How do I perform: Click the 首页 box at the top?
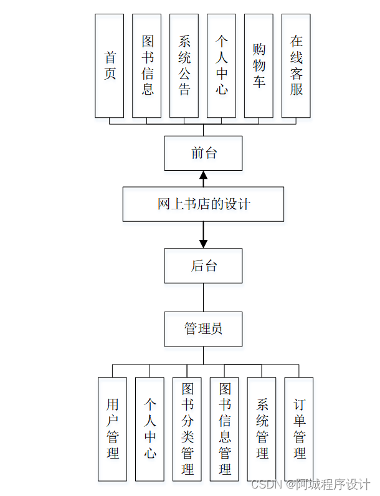[109, 65]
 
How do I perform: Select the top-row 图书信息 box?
[146, 65]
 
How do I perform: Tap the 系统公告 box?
[184, 65]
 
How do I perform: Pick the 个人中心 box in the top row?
[221, 65]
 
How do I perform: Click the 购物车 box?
[259, 65]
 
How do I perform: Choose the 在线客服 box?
[296, 65]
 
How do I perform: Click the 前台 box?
[203, 153]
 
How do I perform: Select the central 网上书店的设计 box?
[203, 204]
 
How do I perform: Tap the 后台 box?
[203, 266]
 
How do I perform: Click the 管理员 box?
[203, 328]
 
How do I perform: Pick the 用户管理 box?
[112, 429]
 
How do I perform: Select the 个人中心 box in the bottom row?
[150, 429]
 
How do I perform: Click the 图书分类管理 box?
[187, 429]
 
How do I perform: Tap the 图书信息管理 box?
[224, 429]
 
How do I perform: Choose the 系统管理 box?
[262, 429]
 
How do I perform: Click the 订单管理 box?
[299, 429]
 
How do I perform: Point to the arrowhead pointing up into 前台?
[203, 175]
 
